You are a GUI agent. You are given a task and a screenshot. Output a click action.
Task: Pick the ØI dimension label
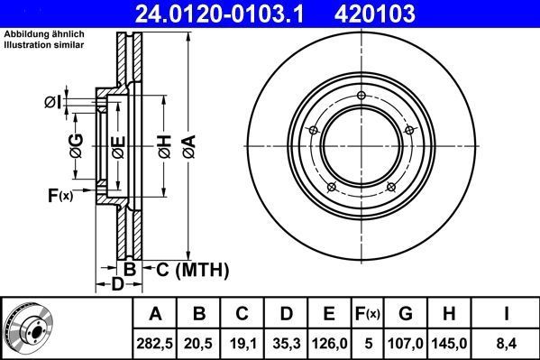51,101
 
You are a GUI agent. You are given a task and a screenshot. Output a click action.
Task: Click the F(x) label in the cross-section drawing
59,194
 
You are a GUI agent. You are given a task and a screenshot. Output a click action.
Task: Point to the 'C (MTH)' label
192,269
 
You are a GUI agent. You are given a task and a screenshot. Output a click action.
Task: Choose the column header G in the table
406,314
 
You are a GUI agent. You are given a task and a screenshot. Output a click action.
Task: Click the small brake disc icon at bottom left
35,328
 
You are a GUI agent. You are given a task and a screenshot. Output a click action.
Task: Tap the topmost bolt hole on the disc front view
360,97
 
